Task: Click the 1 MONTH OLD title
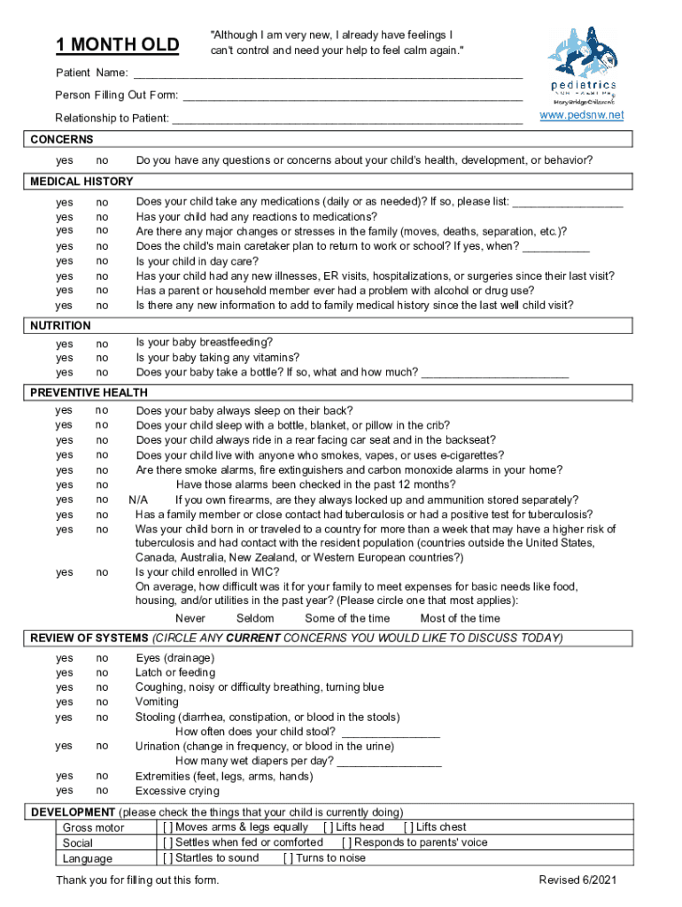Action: [117, 45]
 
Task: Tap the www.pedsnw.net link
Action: [582, 116]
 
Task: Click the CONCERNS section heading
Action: [62, 140]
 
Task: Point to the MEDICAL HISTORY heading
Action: [81, 182]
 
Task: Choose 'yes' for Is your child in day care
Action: [65, 261]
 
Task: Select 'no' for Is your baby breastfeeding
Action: [102, 344]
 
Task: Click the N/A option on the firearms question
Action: [137, 500]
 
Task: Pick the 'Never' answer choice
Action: [190, 618]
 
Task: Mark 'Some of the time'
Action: [346, 618]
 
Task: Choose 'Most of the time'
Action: [460, 618]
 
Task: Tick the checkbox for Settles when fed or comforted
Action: [167, 842]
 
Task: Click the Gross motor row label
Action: [93, 828]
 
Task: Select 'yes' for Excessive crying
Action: [65, 791]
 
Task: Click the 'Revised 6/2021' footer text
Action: [577, 880]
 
